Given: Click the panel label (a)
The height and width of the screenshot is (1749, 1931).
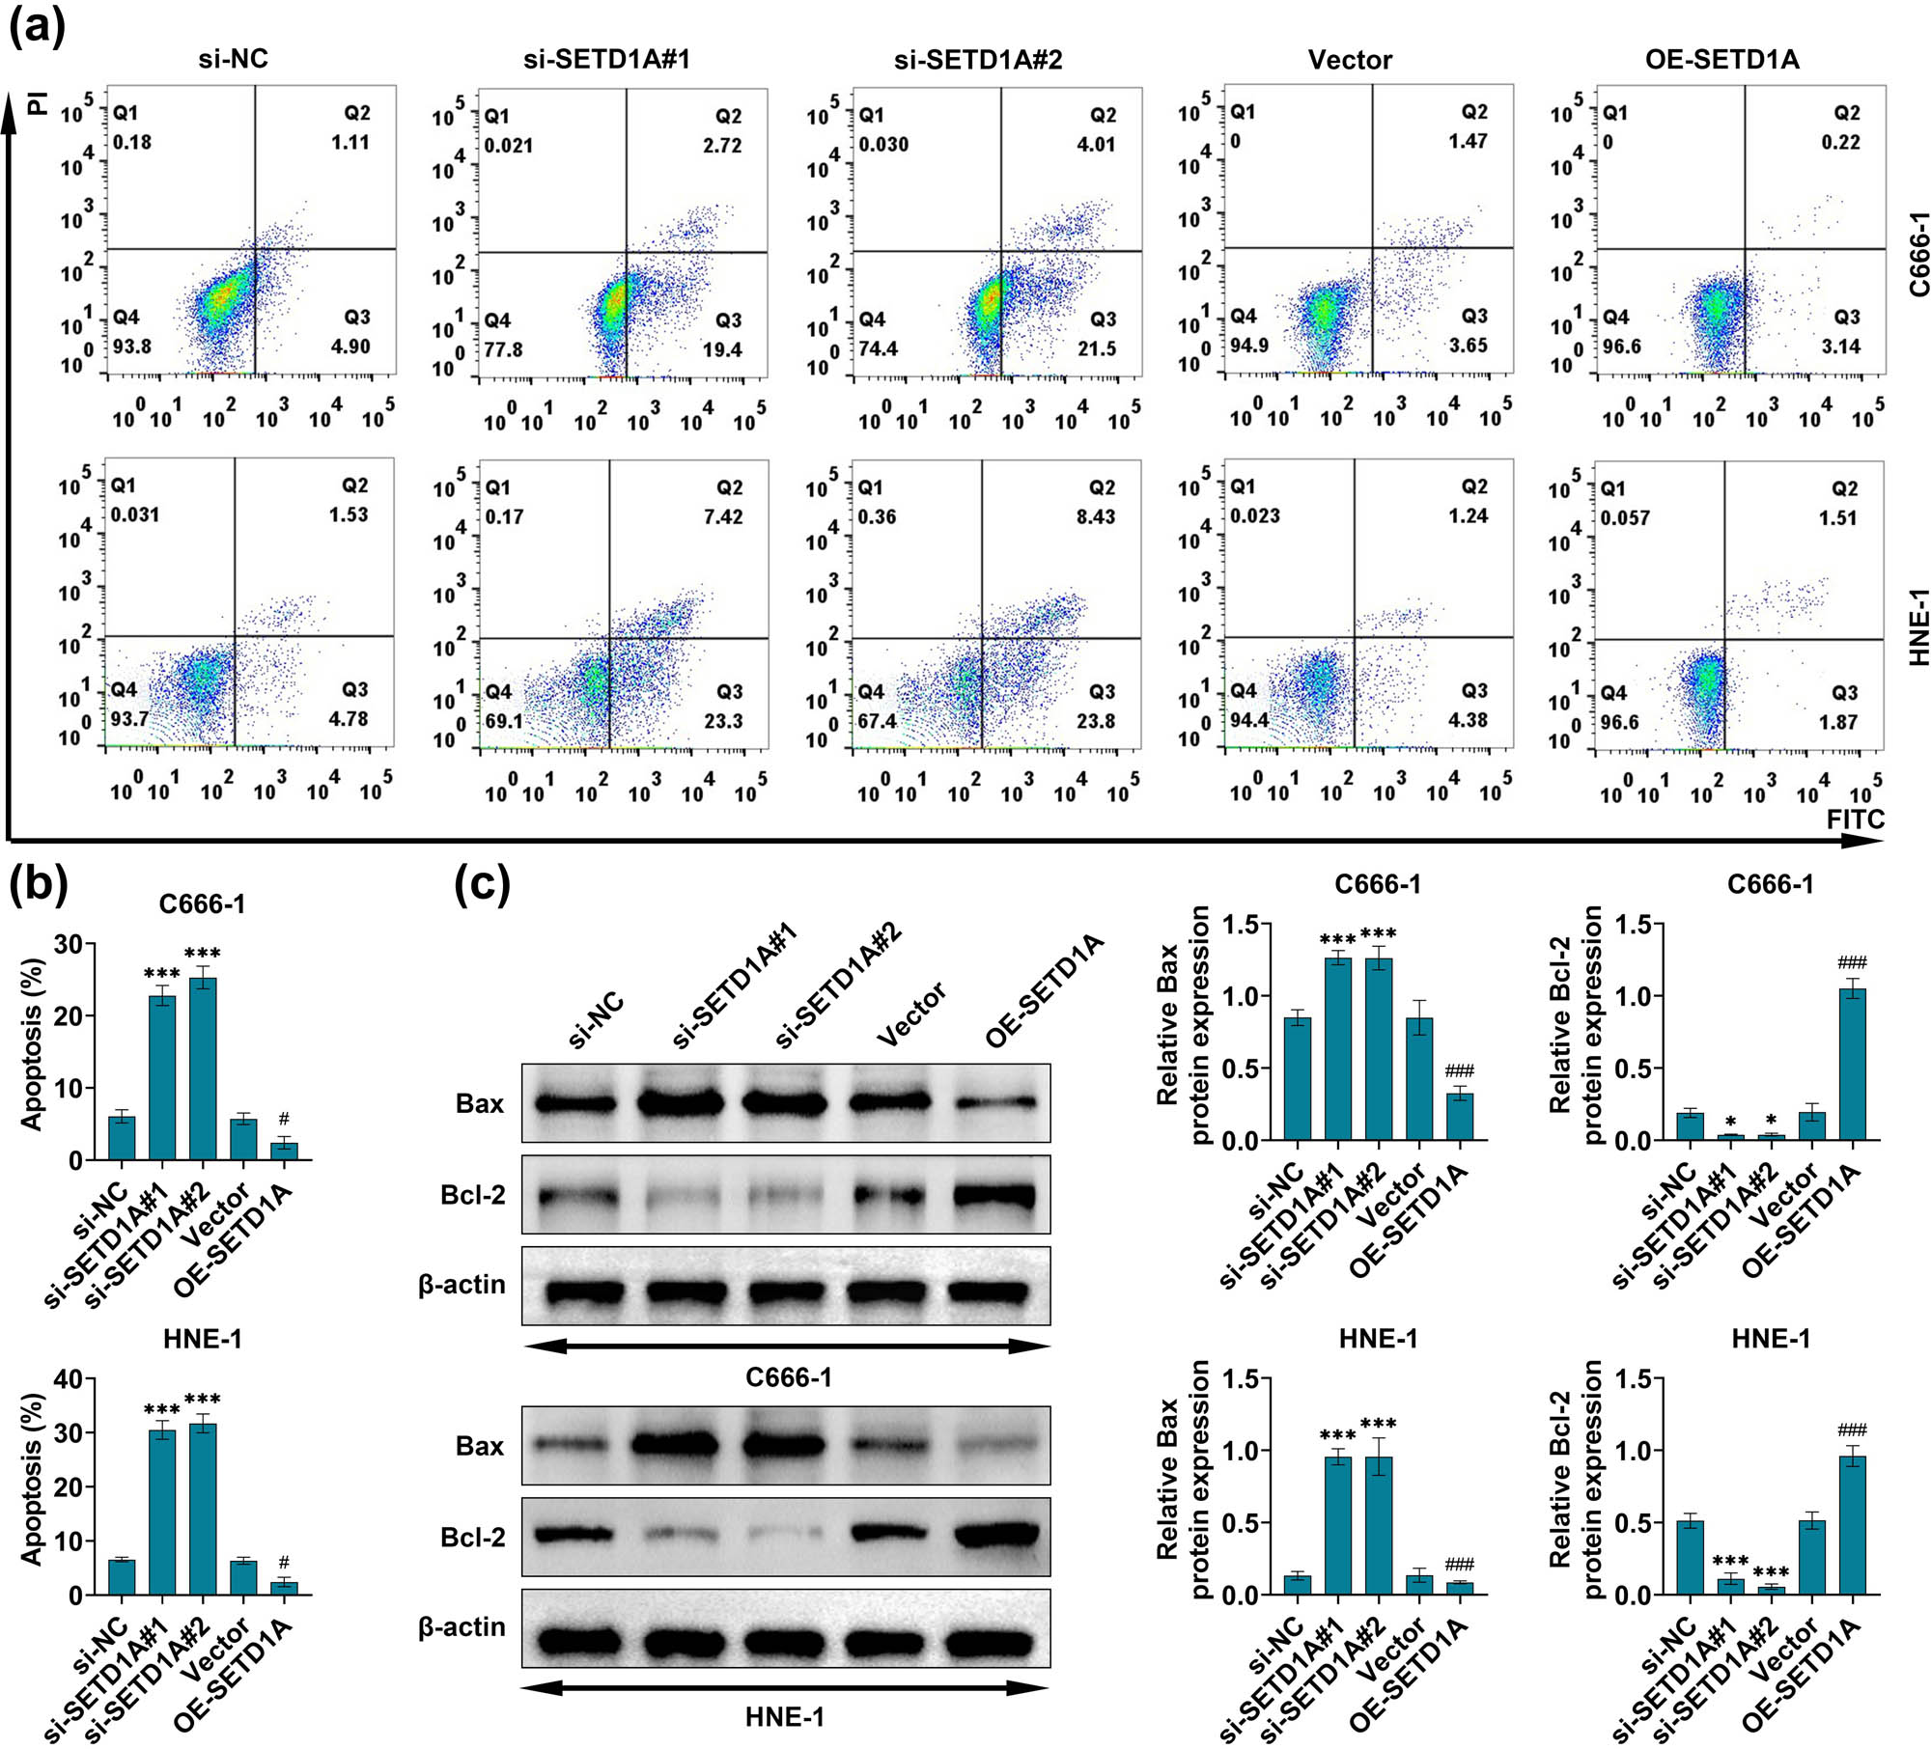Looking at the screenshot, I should [37, 28].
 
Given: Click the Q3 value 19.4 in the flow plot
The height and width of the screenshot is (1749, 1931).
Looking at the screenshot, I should [722, 349].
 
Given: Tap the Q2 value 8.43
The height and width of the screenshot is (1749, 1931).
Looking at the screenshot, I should [1096, 516].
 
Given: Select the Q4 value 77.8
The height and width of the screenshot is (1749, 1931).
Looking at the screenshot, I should [504, 349].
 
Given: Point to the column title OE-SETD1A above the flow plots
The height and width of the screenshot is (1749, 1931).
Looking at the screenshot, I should [1721, 60].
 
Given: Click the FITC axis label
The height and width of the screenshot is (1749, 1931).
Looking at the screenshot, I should [1855, 819].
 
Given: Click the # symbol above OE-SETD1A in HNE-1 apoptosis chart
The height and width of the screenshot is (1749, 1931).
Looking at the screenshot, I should [284, 1563].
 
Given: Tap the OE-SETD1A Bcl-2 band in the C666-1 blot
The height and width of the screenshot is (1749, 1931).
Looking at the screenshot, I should [994, 1197].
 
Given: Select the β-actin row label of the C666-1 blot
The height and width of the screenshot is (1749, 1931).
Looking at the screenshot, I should [462, 1285].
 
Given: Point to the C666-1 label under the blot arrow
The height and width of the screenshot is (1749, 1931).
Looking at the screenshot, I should [788, 1376].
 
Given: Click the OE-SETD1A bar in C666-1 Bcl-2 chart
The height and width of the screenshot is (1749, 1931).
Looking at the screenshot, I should [1852, 1065].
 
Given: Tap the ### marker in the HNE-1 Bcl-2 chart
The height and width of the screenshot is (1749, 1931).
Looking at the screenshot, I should [1852, 1430].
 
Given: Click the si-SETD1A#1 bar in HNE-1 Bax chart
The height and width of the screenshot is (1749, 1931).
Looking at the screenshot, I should [1337, 1525].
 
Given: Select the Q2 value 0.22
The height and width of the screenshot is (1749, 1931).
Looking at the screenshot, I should [1840, 142].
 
